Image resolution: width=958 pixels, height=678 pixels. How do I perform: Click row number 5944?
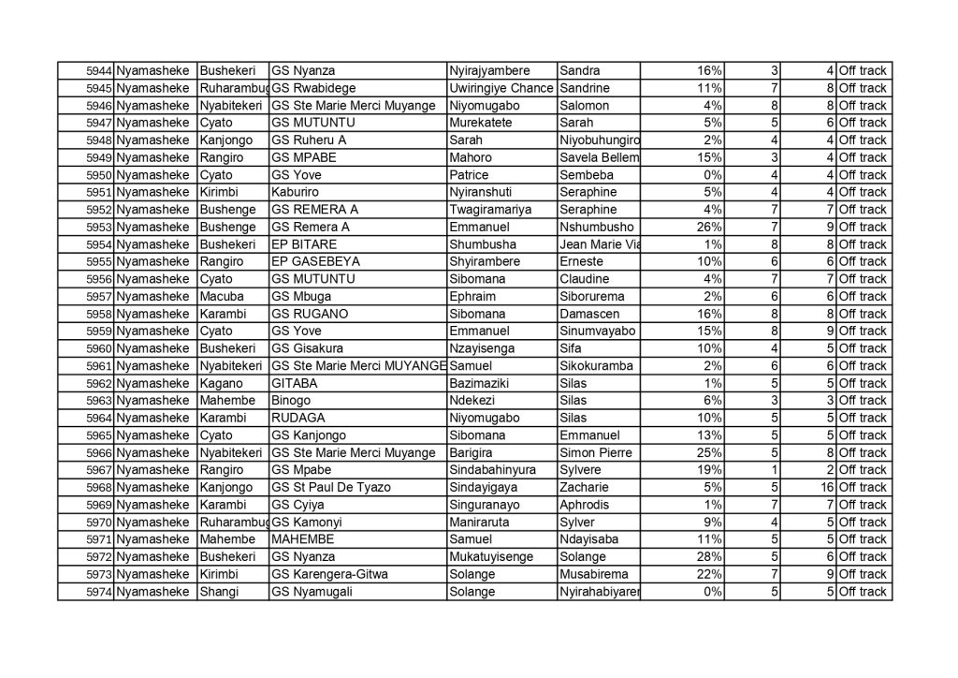tap(98, 71)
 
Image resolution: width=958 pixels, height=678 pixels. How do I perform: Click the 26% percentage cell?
tap(708, 228)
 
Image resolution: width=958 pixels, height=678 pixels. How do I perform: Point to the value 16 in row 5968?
tap(826, 487)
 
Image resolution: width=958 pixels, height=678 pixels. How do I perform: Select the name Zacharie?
tap(584, 487)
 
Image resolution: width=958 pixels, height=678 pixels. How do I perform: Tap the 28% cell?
tap(708, 557)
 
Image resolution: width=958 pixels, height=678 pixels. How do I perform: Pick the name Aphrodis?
tap(586, 505)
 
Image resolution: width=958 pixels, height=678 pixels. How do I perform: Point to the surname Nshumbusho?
tap(596, 228)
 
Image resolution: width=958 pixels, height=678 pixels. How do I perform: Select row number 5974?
tap(98, 592)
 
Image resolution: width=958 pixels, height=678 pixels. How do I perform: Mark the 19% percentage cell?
tap(708, 470)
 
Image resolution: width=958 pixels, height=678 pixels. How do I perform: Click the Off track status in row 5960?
tap(862, 349)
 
